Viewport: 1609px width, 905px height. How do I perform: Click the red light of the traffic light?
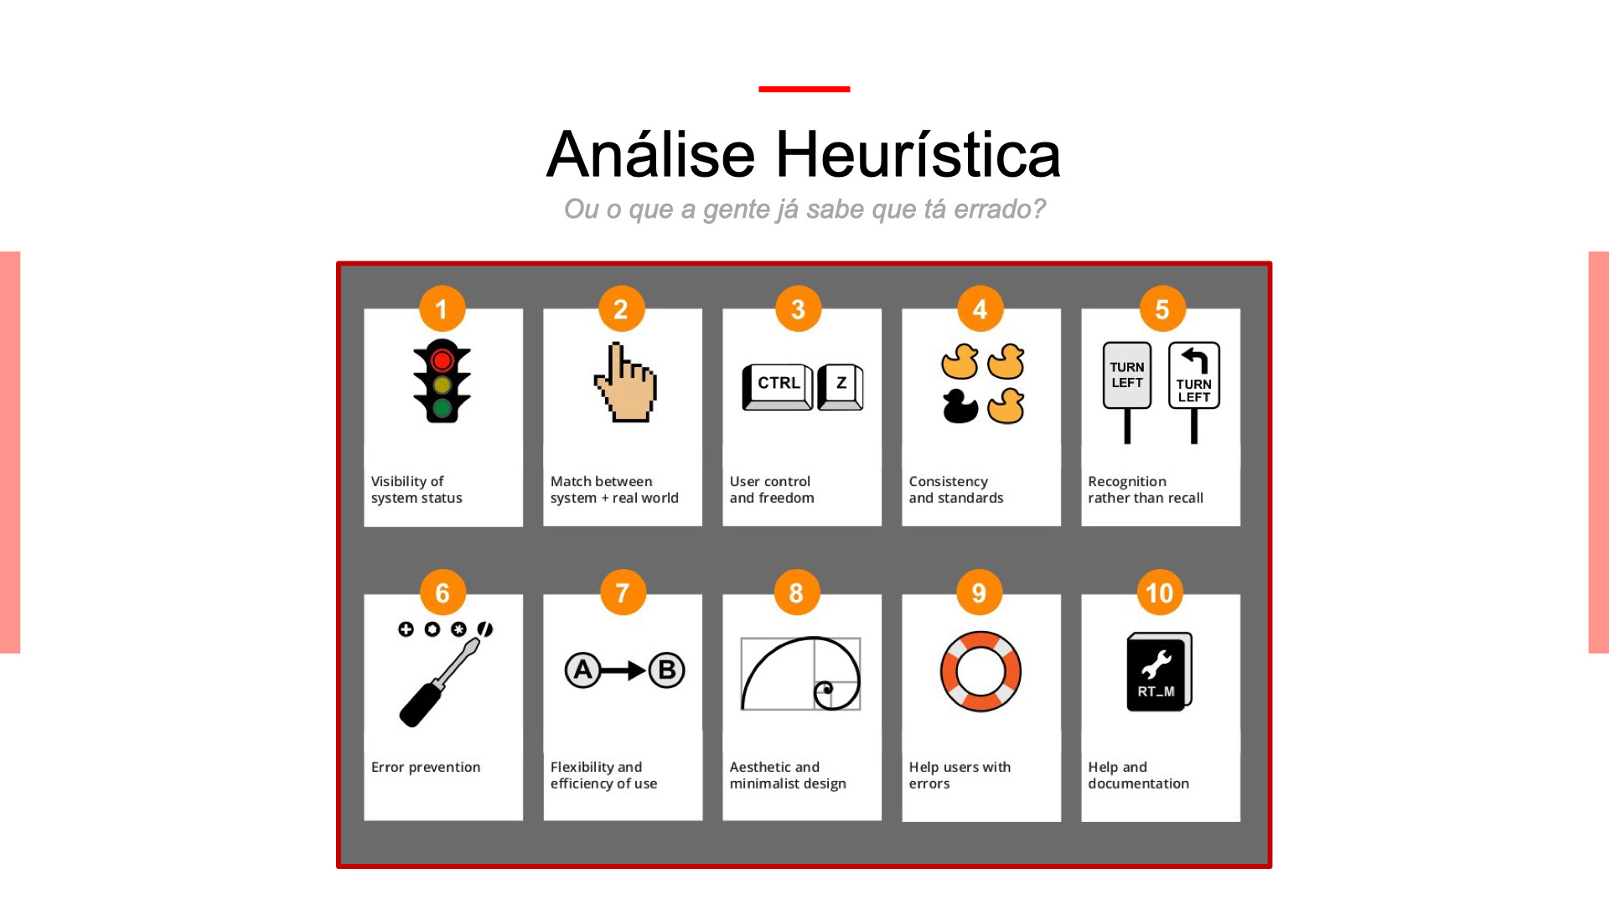[x=442, y=360]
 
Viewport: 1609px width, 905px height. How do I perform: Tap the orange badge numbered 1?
[x=442, y=309]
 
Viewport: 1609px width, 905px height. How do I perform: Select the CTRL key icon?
[x=778, y=385]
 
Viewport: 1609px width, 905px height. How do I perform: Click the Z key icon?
[x=841, y=385]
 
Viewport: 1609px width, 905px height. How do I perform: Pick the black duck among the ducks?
[x=960, y=406]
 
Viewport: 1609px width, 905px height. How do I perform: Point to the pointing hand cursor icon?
[x=625, y=384]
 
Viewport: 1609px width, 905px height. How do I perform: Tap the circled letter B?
[x=667, y=670]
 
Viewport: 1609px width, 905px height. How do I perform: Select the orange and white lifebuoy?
[x=980, y=671]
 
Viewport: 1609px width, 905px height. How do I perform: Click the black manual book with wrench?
[x=1159, y=672]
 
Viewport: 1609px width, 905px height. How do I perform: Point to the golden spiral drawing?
[x=801, y=674]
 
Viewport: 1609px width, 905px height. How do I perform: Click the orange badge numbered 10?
[x=1160, y=593]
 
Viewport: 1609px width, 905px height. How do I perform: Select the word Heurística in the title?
[x=918, y=155]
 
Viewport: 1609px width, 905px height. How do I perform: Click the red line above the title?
[x=804, y=89]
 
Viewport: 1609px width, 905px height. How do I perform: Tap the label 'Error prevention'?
[x=426, y=768]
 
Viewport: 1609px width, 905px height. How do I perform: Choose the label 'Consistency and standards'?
[x=956, y=489]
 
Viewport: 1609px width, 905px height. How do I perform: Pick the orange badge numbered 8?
[x=796, y=593]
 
